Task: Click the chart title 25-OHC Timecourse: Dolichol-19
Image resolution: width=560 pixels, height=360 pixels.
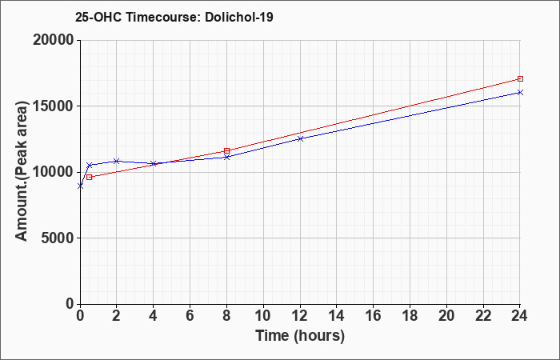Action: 174,17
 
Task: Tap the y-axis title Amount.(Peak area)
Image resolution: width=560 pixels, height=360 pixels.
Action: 22,171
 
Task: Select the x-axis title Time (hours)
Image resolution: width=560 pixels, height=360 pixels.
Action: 300,336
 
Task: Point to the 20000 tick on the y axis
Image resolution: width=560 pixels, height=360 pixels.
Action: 54,40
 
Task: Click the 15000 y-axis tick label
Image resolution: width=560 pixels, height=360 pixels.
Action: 54,106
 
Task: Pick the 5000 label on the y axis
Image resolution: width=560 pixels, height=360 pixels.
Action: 58,238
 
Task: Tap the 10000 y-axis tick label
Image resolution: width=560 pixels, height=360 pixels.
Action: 54,172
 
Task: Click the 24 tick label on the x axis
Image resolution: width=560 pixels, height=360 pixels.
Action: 520,316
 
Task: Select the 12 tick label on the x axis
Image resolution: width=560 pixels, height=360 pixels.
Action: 300,316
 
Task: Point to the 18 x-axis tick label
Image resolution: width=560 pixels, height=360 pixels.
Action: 410,316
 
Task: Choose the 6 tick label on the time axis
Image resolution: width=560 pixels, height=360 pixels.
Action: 190,316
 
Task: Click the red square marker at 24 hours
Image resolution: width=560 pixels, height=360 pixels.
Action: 520,78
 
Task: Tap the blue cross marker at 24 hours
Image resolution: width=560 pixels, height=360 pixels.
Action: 520,93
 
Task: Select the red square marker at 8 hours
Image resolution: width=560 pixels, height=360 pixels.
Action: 226,150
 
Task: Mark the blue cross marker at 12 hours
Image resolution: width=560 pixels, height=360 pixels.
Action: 300,138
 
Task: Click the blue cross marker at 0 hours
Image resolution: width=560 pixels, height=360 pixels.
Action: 80,186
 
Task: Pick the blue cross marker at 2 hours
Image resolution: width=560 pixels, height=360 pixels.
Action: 117,161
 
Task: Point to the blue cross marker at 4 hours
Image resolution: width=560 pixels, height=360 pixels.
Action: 154,163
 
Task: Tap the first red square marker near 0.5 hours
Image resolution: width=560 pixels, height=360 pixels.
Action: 90,177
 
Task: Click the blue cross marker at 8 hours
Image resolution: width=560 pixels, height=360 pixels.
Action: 226,157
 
